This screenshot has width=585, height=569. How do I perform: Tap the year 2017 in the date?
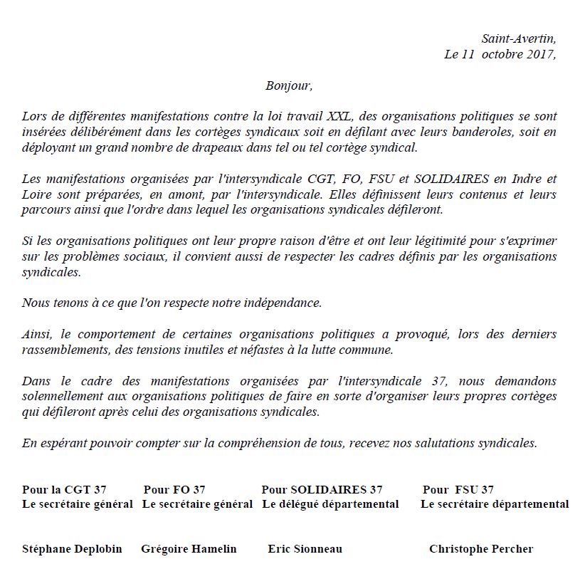(x=539, y=55)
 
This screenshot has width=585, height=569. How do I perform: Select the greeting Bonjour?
(x=289, y=85)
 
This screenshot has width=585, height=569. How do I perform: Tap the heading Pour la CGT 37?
(x=64, y=489)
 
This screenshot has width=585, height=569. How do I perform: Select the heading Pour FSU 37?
(x=458, y=489)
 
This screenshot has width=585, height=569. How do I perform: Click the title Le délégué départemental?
(x=330, y=504)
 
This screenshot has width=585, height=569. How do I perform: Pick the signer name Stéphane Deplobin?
(x=72, y=549)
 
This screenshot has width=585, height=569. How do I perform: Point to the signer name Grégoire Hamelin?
(x=189, y=549)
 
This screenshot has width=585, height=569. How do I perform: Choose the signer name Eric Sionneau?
(x=305, y=549)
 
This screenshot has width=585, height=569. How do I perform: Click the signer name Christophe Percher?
(x=481, y=549)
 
